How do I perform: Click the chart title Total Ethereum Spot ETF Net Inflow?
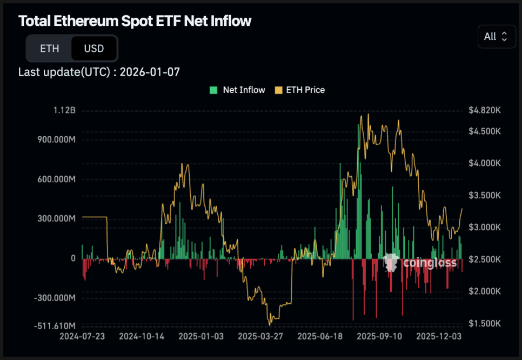coord(135,21)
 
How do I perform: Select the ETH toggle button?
coord(49,49)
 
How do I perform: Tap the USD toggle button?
coord(93,49)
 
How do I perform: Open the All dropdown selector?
coord(496,36)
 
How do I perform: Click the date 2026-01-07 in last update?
coord(150,72)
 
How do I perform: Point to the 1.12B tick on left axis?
coord(65,110)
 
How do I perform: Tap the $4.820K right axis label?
coord(484,110)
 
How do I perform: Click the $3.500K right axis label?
coord(484,195)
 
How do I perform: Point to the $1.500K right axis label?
coord(484,323)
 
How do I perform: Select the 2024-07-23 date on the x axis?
coord(82,336)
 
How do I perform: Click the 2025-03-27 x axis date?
coord(260,336)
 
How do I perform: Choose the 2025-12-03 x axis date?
coord(439,336)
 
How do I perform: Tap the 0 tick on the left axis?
coord(73,258)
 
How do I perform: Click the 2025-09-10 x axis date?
coord(379,336)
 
